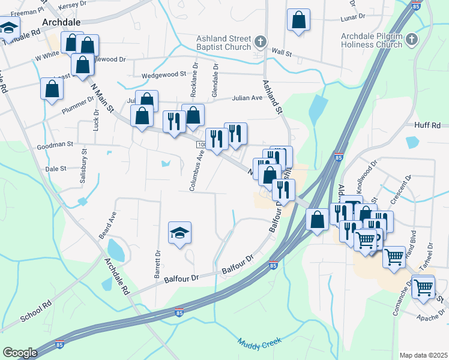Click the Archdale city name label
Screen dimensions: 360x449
pyautogui.click(x=62, y=23)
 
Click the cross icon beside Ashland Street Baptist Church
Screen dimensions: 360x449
pyautogui.click(x=260, y=41)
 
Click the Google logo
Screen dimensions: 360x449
pyautogui.click(x=20, y=353)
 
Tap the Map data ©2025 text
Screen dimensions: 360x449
pyautogui.click(x=423, y=355)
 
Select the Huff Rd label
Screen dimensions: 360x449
pyautogui.click(x=427, y=125)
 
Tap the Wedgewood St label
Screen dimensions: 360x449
pyautogui.click(x=164, y=75)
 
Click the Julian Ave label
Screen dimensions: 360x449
pyautogui.click(x=248, y=98)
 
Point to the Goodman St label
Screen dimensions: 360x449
pyautogui.click(x=54, y=145)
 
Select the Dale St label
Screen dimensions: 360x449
pyautogui.click(x=55, y=169)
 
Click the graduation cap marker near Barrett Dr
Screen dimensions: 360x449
pyautogui.click(x=179, y=233)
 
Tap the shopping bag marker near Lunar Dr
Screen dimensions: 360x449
pyautogui.click(x=298, y=20)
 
